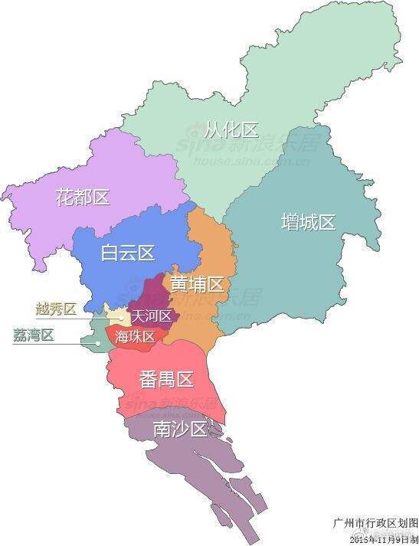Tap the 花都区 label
(x=83, y=198)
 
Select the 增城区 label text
(x=308, y=223)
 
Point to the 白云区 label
(x=128, y=252)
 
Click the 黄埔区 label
(x=197, y=285)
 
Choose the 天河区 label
(x=151, y=316)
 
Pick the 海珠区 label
(x=136, y=337)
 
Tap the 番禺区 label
(x=166, y=378)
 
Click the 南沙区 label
(x=181, y=430)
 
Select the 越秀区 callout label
(x=56, y=309)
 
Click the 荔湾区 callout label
(x=34, y=335)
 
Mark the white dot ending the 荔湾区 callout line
(x=98, y=343)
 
